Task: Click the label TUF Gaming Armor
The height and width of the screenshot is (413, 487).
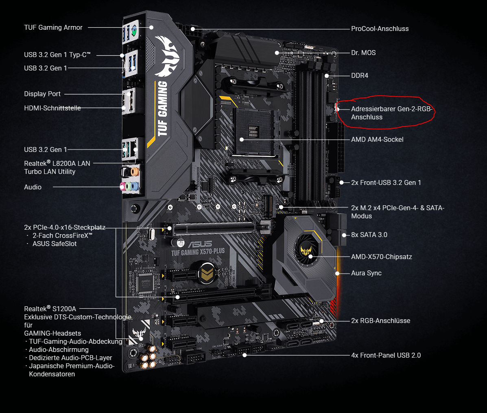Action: tap(53, 27)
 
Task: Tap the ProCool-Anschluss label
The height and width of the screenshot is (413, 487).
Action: tap(380, 29)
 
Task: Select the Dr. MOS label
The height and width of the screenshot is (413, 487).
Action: tap(363, 53)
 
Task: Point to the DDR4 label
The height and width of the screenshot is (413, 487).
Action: tap(360, 76)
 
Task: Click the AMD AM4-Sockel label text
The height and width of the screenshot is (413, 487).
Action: tap(377, 139)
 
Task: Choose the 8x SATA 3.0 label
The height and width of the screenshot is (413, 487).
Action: tap(369, 235)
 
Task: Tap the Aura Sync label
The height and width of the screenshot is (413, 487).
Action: tap(366, 273)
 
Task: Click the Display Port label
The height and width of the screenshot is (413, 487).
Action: tap(42, 94)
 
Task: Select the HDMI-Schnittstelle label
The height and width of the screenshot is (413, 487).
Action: tap(52, 108)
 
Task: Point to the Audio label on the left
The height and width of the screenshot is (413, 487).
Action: tap(33, 187)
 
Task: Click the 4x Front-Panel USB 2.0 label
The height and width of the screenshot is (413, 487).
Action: tap(386, 355)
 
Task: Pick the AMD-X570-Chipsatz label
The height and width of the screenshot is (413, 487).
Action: tap(381, 257)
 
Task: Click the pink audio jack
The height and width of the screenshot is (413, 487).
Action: tap(122, 187)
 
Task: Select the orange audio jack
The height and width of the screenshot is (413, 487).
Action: tap(135, 171)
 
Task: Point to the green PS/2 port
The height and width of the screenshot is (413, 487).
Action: tap(134, 31)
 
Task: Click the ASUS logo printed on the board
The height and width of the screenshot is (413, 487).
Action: tap(200, 244)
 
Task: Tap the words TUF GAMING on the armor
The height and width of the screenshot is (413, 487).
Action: tap(162, 108)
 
